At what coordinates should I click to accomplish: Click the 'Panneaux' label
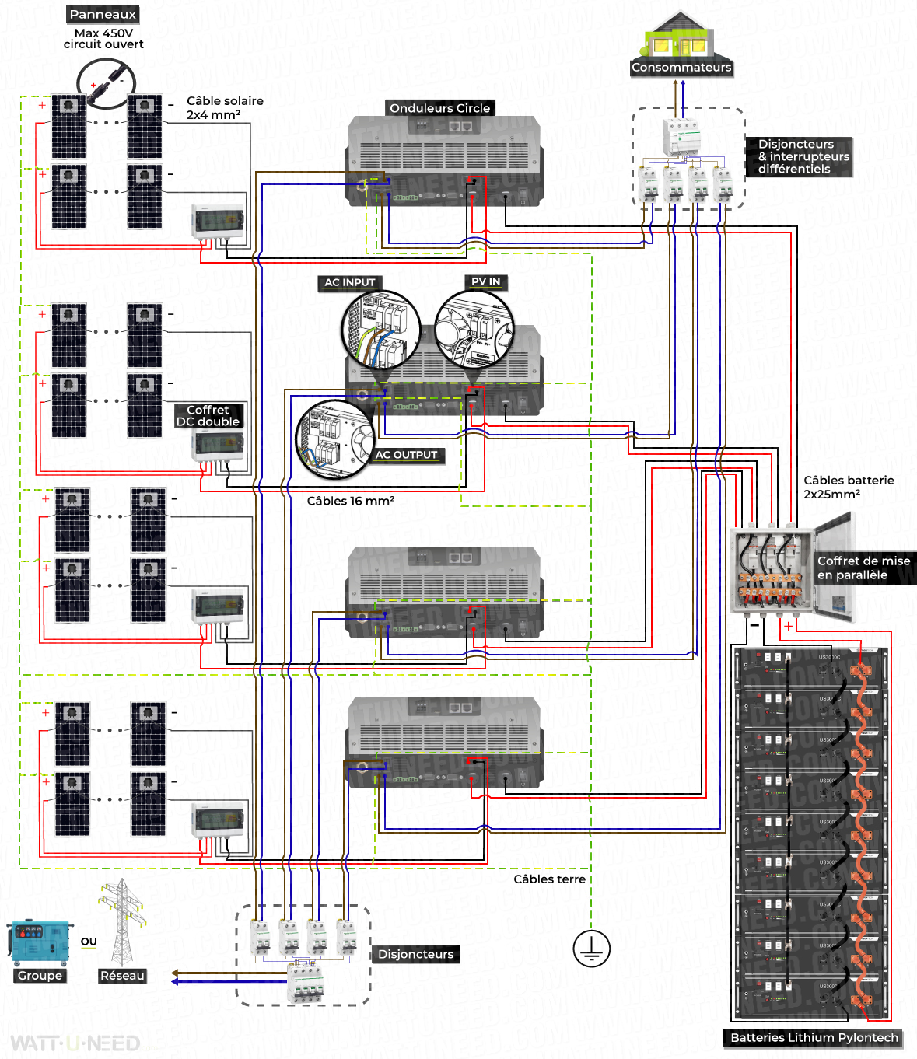click(x=103, y=14)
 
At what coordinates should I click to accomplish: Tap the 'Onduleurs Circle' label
click(x=439, y=108)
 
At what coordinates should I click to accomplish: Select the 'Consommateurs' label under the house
click(x=681, y=68)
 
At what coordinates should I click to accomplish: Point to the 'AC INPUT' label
click(x=349, y=282)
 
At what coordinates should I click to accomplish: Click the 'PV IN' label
click(x=486, y=281)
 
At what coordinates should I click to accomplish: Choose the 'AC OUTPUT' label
click(x=406, y=455)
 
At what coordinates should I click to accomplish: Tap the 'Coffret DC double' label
click(x=208, y=415)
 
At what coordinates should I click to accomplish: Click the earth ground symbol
click(x=591, y=949)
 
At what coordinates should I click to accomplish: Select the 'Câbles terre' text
click(x=549, y=879)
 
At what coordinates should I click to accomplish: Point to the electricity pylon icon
click(x=121, y=921)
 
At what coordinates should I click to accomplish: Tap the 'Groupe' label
click(x=40, y=976)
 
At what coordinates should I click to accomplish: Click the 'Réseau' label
click(x=122, y=976)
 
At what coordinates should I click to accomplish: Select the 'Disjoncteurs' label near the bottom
click(x=415, y=954)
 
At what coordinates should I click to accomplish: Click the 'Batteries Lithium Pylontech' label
click(x=814, y=1037)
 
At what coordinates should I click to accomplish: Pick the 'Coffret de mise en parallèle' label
click(x=863, y=568)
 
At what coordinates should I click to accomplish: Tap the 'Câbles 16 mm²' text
click(x=350, y=501)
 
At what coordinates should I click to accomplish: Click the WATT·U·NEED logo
click(x=75, y=1043)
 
